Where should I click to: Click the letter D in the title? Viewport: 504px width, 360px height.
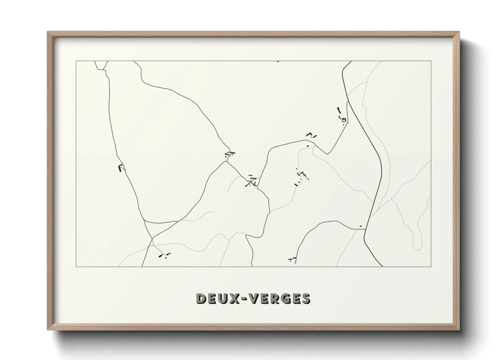click(202, 298)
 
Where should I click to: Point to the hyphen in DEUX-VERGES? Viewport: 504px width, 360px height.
click(248, 299)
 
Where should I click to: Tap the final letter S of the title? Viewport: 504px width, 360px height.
click(305, 298)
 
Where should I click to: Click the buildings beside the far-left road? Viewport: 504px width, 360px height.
click(121, 168)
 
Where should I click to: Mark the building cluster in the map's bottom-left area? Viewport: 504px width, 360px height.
click(164, 255)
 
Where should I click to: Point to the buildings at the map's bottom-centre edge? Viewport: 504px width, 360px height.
click(293, 259)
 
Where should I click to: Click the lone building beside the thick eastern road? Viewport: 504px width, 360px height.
click(361, 226)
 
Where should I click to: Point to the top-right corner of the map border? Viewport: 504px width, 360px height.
click(431, 61)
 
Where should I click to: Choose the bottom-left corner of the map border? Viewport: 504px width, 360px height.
click(76, 266)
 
